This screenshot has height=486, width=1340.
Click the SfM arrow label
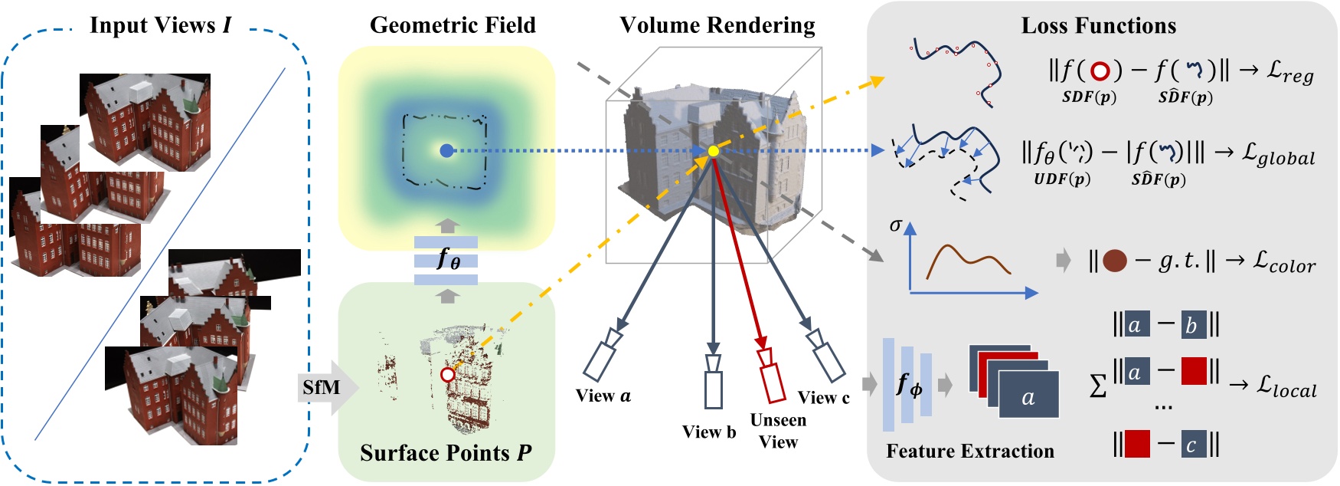321,387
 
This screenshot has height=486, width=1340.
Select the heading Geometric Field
453,25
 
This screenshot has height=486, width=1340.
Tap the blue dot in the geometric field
446,151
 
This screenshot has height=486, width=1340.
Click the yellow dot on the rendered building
713,151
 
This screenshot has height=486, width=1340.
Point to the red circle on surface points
448,375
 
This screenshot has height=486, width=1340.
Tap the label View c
823,398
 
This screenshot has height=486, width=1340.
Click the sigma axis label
895,225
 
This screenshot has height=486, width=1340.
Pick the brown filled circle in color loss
1114,261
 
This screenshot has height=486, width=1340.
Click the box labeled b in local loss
1192,325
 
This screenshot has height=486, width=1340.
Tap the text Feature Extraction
969,452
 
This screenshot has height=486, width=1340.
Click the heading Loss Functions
1098,26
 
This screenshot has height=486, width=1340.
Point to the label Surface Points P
446,453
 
